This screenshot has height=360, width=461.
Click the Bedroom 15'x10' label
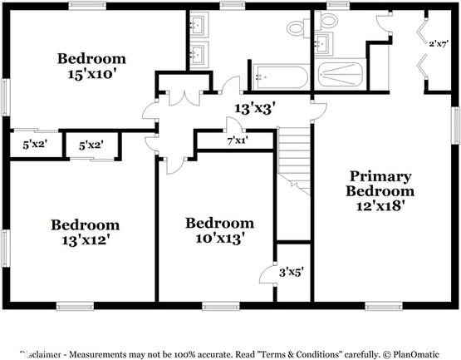pos(91,66)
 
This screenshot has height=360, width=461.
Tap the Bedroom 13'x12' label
pos(86,232)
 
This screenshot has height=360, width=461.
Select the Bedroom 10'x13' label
pos(219,230)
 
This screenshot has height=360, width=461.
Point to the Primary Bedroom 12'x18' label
pos(380,190)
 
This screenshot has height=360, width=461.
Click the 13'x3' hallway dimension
pos(254,108)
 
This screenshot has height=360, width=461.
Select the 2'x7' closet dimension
pos(439,42)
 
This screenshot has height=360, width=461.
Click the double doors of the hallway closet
pos(183,98)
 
